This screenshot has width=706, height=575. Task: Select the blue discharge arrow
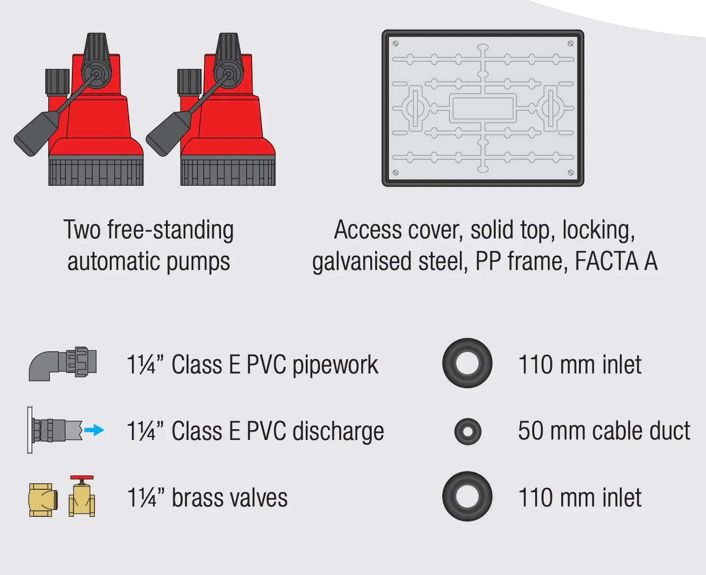94,430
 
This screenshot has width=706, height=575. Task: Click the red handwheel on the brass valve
81,477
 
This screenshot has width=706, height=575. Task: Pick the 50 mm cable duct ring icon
468,432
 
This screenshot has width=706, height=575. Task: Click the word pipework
335,366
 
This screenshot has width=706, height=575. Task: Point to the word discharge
338,432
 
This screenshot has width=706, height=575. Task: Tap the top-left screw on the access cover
395,44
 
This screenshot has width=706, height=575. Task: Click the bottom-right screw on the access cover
571,173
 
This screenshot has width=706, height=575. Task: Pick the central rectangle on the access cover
482,108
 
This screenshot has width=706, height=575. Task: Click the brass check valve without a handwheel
43,501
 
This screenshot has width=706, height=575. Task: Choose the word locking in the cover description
598,231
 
